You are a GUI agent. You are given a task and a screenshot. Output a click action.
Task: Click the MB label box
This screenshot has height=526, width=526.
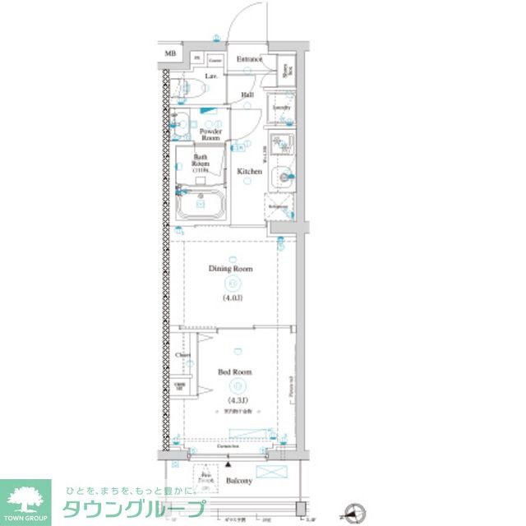click(x=170, y=54)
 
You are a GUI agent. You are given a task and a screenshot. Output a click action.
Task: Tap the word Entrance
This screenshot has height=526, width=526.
click(x=249, y=59)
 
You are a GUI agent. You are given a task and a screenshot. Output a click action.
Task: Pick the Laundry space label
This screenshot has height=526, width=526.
click(x=281, y=107)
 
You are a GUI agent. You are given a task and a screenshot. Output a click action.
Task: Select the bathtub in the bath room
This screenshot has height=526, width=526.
click(x=202, y=203)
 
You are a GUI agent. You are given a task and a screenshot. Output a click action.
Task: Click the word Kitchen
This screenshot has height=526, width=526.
click(x=250, y=172)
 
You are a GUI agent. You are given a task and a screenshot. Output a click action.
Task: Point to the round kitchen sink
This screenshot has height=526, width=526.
click(x=284, y=174)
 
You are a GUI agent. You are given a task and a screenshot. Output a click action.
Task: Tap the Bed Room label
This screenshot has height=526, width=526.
click(x=235, y=372)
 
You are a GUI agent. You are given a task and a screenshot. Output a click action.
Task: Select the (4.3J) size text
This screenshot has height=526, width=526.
click(x=235, y=400)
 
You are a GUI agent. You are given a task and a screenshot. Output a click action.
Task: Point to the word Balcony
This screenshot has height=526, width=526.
click(x=239, y=481)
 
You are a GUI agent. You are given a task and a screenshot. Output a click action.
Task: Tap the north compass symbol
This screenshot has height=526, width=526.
click(x=356, y=514)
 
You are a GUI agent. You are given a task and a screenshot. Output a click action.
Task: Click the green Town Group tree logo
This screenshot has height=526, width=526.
click(x=25, y=499)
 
